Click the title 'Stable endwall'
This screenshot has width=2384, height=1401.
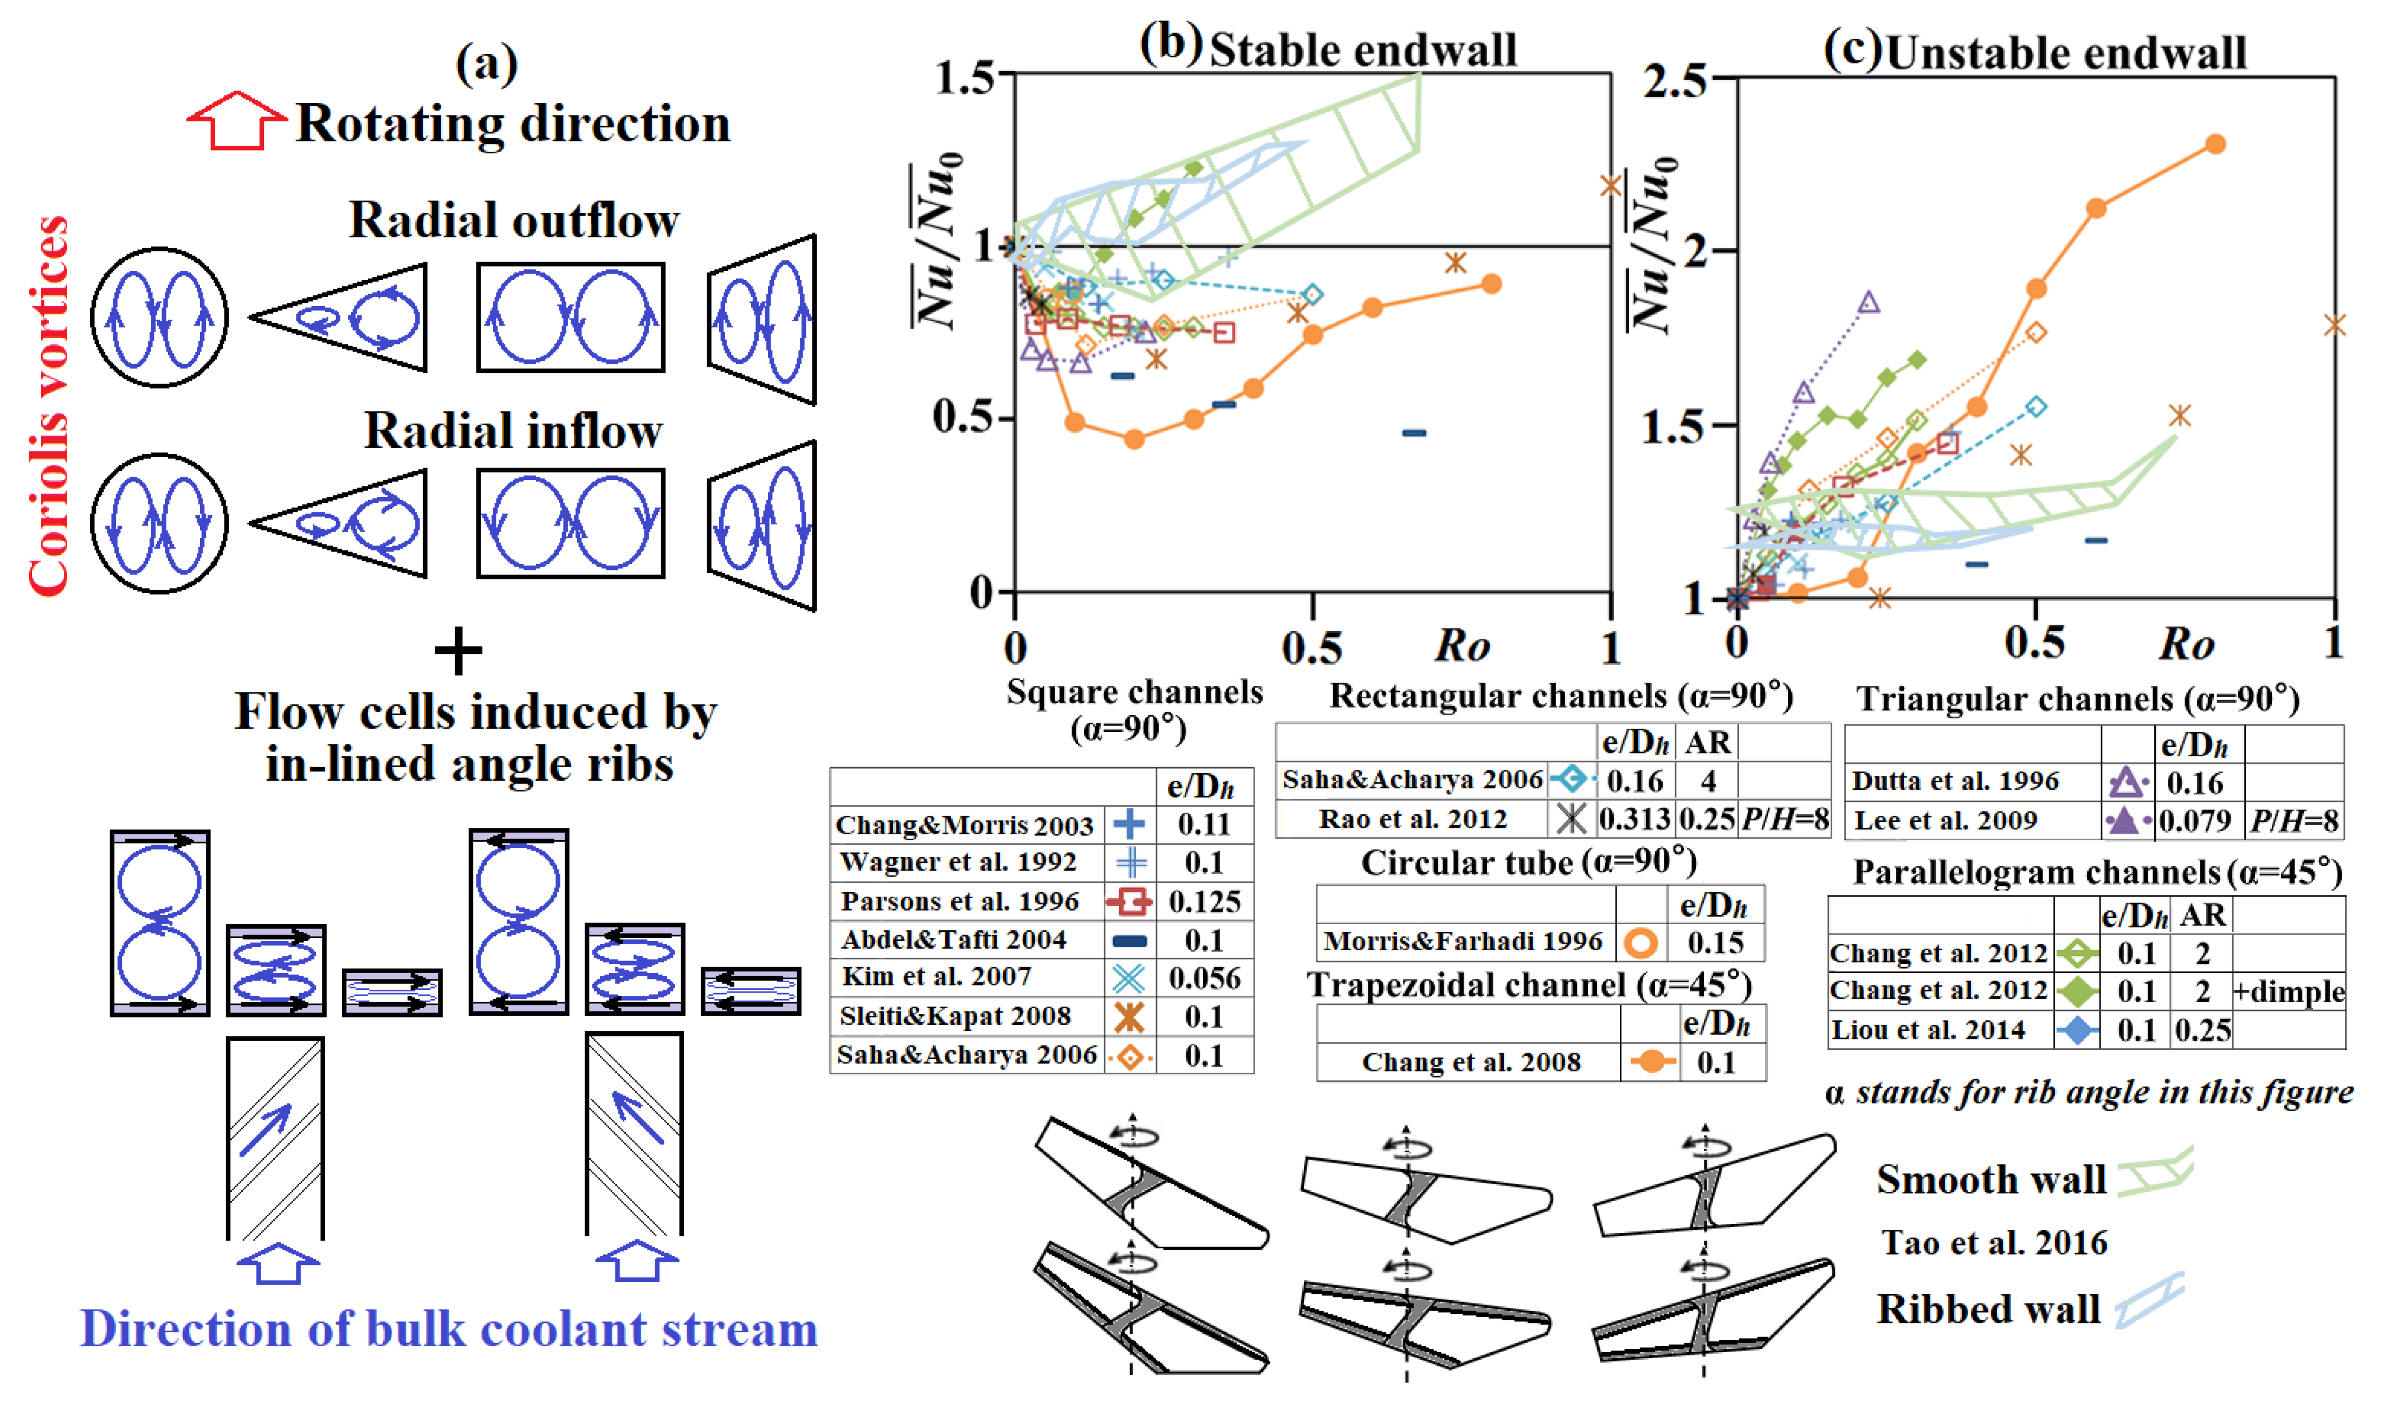pyautogui.click(x=1362, y=49)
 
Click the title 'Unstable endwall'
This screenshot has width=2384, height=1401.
pyautogui.click(x=2066, y=52)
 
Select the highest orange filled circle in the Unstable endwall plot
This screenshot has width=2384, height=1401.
pyautogui.click(x=2215, y=144)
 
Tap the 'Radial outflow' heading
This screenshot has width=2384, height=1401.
pyautogui.click(x=514, y=220)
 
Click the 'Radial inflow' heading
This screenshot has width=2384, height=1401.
pyautogui.click(x=514, y=431)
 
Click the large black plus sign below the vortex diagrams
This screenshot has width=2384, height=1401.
pyautogui.click(x=458, y=651)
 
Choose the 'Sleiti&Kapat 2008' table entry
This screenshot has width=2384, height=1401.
pyautogui.click(x=954, y=1016)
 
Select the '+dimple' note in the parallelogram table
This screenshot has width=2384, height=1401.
pyautogui.click(x=2289, y=991)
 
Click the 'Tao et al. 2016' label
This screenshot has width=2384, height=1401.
pyautogui.click(x=1994, y=1242)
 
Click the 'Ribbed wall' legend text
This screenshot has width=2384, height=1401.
pyautogui.click(x=1988, y=1309)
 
